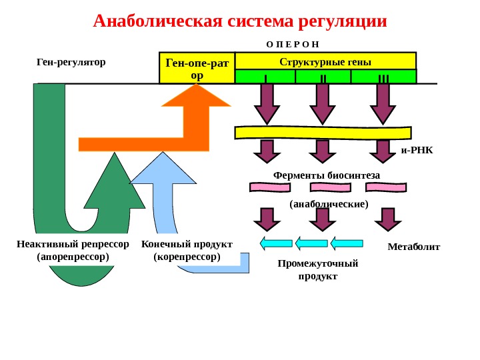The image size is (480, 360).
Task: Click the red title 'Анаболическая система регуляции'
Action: [240, 21]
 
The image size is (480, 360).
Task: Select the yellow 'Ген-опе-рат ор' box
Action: [197, 68]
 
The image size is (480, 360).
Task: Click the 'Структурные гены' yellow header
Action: [325, 61]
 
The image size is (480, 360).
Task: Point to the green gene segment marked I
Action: [265, 77]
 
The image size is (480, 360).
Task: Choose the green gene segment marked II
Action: [323, 77]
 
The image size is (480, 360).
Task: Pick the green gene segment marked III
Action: [383, 77]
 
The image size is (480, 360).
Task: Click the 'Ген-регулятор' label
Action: [71, 62]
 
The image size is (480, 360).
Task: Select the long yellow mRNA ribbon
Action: [324, 131]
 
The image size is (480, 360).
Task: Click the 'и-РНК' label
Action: [417, 150]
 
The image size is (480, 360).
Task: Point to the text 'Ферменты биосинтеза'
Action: [326, 175]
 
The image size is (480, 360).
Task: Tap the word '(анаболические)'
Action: [329, 204]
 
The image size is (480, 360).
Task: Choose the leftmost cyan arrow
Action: [276, 243]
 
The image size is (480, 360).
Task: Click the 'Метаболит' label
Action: [413, 247]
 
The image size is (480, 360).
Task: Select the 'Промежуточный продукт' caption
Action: [318, 269]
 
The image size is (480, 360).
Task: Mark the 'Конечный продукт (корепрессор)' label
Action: [187, 249]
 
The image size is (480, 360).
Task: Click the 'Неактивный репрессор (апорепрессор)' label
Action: [73, 249]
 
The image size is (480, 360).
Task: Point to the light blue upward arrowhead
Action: [161, 169]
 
